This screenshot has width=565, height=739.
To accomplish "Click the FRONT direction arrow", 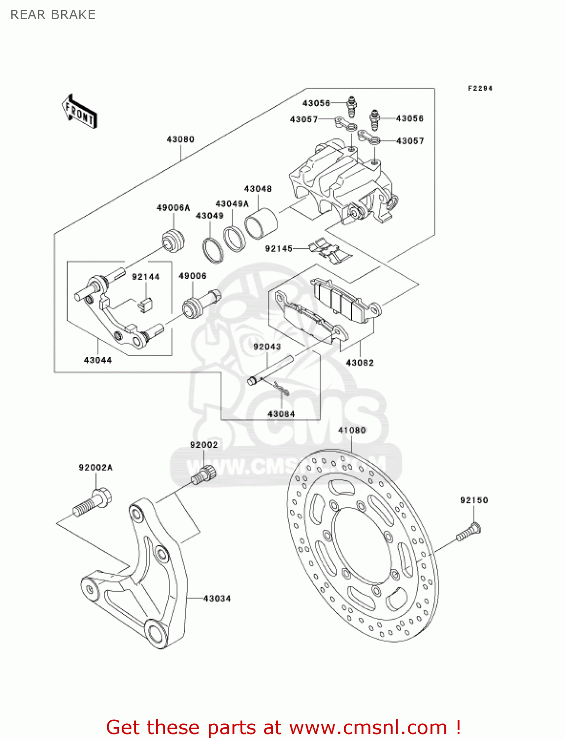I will [79, 112].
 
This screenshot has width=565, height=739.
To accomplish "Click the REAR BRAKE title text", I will [53, 15].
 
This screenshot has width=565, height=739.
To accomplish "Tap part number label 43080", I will [180, 139].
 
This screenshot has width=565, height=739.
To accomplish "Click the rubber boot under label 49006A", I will [173, 241].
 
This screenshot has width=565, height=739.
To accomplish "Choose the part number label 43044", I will [98, 360].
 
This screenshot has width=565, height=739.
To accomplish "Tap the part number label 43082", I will [360, 363].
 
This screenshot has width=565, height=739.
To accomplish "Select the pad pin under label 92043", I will [271, 369].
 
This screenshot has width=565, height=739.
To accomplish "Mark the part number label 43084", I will [281, 414].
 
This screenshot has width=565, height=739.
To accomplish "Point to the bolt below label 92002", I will [203, 474].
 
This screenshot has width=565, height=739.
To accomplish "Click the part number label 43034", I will [217, 599].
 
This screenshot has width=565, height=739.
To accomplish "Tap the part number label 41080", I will [352, 430].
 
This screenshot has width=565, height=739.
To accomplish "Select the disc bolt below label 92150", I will [468, 533].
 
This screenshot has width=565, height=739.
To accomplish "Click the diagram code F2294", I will [480, 88].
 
